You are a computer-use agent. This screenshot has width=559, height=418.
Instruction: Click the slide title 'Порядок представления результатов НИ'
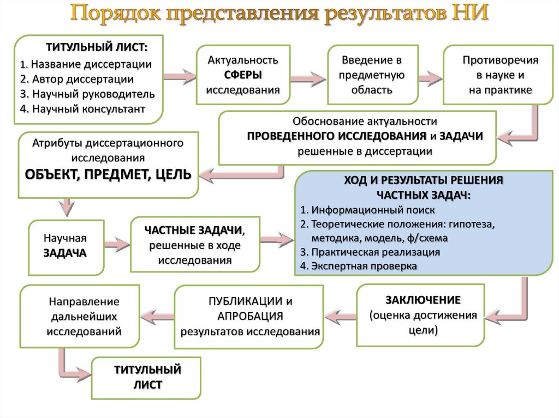(279, 13)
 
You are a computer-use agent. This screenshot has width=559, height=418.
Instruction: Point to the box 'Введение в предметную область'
(372, 75)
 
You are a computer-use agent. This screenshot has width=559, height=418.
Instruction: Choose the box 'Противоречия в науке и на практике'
(500, 75)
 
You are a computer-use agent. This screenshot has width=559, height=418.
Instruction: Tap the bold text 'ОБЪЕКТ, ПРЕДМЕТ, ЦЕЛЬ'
(108, 174)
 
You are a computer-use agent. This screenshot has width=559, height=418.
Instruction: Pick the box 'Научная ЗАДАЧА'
(66, 246)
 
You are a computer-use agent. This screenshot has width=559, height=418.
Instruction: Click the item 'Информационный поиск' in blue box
(373, 210)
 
